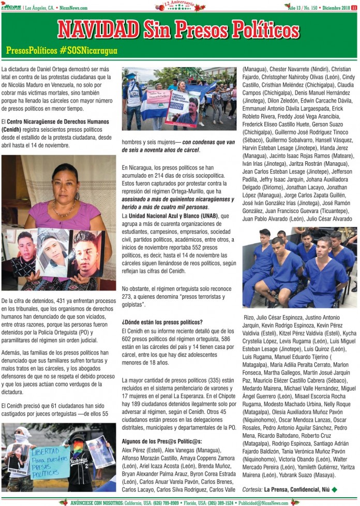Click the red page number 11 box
354,8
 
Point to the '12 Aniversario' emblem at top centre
179,6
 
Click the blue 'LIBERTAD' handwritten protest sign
50,462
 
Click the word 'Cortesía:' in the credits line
252,489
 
